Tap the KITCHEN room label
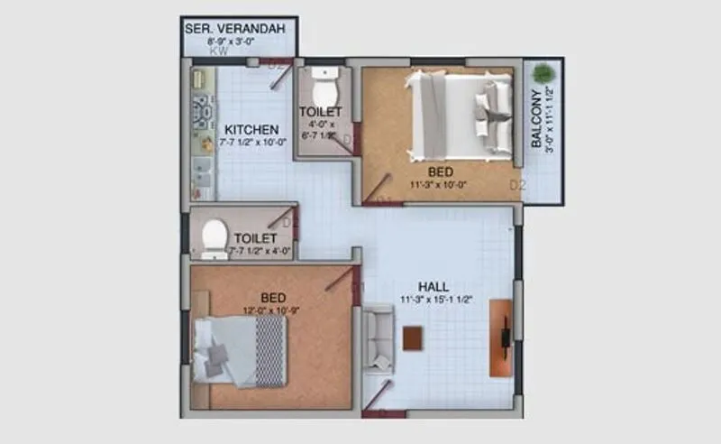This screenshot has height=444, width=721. pyautogui.click(x=251, y=129)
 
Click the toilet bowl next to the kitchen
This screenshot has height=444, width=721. pyautogui.click(x=322, y=89)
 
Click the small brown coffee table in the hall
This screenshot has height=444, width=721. pyautogui.click(x=413, y=338)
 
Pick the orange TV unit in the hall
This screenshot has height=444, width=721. pyautogui.click(x=501, y=338)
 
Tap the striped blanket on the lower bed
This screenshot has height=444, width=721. pyautogui.click(x=270, y=350)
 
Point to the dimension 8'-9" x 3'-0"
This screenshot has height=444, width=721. pyautogui.click(x=234, y=42)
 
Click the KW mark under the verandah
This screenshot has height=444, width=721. pyautogui.click(x=219, y=52)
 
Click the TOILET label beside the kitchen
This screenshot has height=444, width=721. pyautogui.click(x=321, y=113)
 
